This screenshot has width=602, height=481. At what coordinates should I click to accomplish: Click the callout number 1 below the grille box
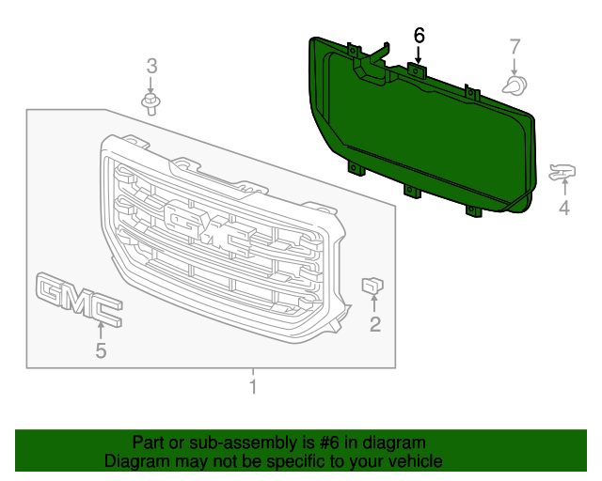(x=252, y=386)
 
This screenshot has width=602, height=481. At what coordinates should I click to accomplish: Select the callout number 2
(x=375, y=325)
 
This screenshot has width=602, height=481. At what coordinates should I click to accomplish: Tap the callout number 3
(x=150, y=66)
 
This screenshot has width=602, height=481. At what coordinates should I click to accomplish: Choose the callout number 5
(x=101, y=351)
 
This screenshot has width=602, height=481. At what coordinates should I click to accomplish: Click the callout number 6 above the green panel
(x=419, y=36)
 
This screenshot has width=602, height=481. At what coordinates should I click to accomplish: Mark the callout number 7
(x=515, y=46)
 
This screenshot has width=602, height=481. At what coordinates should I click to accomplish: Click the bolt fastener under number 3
(x=150, y=101)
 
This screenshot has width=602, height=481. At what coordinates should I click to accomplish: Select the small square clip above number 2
(x=373, y=284)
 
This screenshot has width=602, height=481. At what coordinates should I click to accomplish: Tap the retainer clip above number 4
(x=562, y=172)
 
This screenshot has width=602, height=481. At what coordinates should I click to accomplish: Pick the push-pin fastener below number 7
(x=515, y=86)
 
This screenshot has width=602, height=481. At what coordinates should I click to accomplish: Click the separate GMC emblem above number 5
(x=79, y=299)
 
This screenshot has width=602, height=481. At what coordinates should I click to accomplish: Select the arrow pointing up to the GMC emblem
(x=101, y=330)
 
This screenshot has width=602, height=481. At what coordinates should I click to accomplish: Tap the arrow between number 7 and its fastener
(x=515, y=66)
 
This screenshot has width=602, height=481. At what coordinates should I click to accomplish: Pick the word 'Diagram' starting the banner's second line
(x=135, y=461)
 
